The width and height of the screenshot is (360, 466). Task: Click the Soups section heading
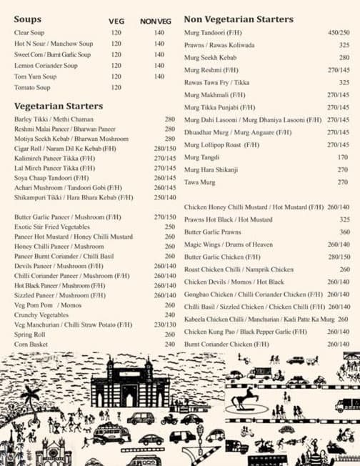[x=28, y=19]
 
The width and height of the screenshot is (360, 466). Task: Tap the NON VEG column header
[x=152, y=21]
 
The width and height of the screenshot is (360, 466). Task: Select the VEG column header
[x=116, y=21]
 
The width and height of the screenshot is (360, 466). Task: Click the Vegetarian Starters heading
[x=59, y=106]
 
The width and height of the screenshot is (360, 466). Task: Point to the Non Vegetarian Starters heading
[x=239, y=19]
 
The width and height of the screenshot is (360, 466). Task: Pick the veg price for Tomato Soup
[x=116, y=87]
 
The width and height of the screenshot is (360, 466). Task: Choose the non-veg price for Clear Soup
[x=159, y=33]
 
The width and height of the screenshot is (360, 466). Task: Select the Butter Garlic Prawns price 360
[x=344, y=232]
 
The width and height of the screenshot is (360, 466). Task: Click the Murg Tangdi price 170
[x=343, y=157]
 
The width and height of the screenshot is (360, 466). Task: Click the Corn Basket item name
[x=30, y=344]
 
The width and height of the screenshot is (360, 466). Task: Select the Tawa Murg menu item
[x=200, y=182]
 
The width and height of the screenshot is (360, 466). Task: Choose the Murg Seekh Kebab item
[x=210, y=57]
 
